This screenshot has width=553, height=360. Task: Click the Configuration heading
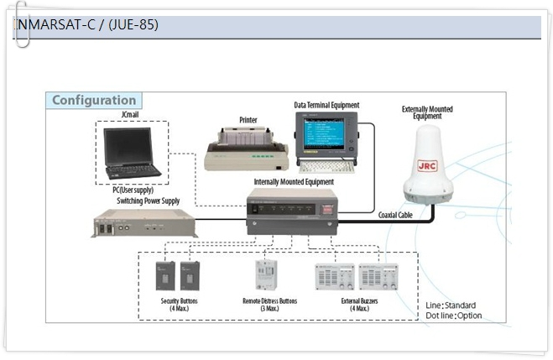coord(93,101)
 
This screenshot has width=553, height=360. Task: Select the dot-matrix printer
coord(248,149)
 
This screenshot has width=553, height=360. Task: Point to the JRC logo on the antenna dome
coord(427,166)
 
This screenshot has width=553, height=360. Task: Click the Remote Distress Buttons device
coord(267,275)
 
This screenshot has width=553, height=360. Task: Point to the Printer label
coord(248,120)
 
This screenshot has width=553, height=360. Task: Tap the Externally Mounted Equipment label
coord(427,112)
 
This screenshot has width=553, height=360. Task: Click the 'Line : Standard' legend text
coord(451,305)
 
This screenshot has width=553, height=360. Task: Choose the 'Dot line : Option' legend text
coord(454,316)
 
